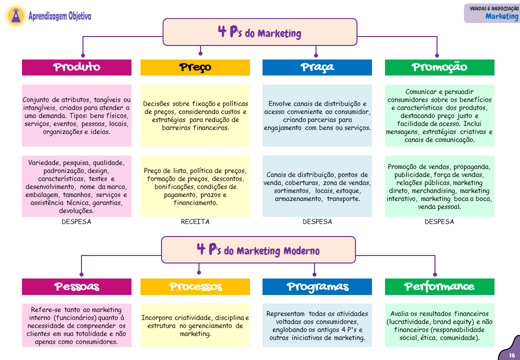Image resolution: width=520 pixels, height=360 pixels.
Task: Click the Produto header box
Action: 76,67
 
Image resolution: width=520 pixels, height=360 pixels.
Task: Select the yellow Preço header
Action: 195,67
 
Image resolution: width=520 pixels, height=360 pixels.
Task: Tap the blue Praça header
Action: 317,67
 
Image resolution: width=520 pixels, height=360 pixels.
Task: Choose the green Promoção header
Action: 439,67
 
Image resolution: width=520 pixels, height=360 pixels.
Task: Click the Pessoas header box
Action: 76,286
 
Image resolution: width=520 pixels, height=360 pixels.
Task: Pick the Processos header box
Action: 195,286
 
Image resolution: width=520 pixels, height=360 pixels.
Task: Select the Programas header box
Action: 317,286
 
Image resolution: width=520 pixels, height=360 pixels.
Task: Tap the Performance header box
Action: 439,286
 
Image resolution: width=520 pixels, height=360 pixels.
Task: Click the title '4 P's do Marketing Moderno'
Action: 258,249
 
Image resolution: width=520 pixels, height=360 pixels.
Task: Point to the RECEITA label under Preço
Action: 195,221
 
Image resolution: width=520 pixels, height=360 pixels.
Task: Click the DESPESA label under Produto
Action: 76,221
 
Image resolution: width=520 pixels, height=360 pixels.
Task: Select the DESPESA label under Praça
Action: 317,221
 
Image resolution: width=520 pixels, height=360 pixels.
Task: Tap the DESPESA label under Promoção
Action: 439,221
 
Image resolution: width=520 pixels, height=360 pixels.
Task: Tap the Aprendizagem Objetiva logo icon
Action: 17,16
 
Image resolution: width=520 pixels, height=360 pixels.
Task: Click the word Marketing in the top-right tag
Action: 501,16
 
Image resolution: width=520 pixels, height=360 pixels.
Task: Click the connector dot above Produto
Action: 83,55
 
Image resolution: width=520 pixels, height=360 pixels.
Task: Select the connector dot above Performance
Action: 434,274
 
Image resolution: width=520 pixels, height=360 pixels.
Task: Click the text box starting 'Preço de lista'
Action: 195,186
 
